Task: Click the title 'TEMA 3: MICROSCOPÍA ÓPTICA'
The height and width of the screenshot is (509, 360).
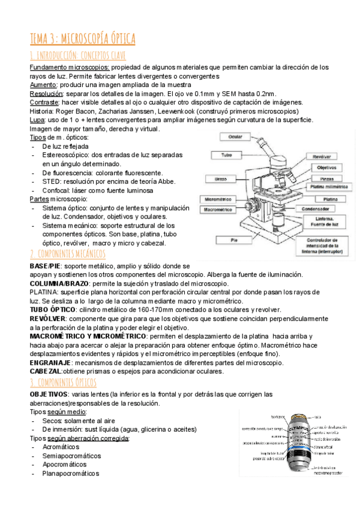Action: point(83,39)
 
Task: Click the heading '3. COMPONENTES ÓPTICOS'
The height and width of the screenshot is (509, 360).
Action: point(62,382)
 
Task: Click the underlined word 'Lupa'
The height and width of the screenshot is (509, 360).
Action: point(37,120)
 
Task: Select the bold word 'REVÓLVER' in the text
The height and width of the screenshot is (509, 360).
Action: point(47,318)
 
